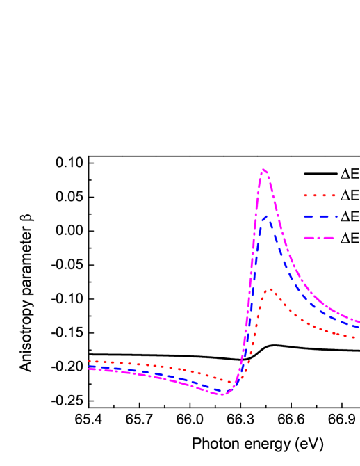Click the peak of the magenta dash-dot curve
coord(264,169)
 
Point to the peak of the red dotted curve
coord(270,289)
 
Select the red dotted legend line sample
coord(320,195)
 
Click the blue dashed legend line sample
coord(320,216)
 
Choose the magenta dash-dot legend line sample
coord(319,238)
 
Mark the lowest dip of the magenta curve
coord(222,394)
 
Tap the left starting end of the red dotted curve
coord(89,362)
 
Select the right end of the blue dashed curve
coord(359,327)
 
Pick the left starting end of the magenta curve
coord(89,369)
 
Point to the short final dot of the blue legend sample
coord(335,216)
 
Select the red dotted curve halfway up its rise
coord(255,334)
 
